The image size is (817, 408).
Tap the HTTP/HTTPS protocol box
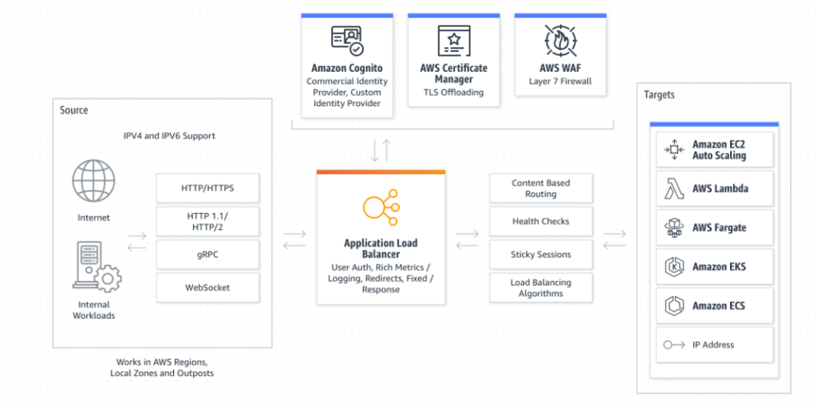(207, 188)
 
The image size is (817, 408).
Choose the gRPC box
(207, 253)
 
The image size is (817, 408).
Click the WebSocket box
(207, 287)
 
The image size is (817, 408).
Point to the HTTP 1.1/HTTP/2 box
(207, 221)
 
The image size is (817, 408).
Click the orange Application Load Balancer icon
(381, 205)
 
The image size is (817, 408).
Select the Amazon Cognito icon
(347, 41)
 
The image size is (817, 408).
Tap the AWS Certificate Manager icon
(453, 41)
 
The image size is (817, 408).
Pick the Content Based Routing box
(540, 188)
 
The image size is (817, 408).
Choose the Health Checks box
(540, 221)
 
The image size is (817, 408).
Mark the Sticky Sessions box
(540, 255)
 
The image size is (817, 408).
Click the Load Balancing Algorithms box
(540, 287)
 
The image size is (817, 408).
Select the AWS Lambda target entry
(714, 189)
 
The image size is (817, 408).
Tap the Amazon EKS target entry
(714, 267)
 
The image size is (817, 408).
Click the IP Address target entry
(714, 345)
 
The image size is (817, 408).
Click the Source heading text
(74, 110)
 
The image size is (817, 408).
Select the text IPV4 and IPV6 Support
(169, 136)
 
